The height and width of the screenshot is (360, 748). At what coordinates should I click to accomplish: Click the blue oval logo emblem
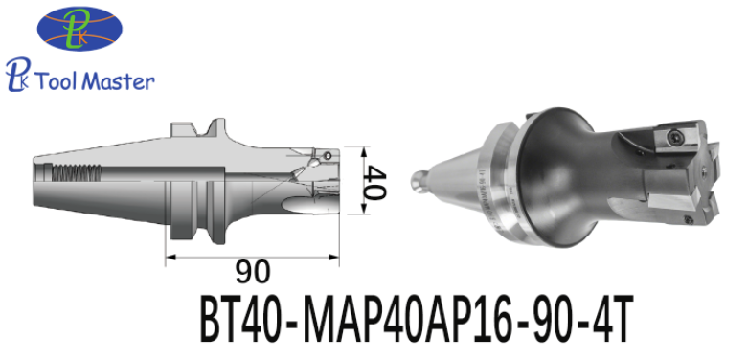click(79, 28)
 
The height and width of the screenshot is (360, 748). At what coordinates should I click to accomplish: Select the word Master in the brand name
click(120, 80)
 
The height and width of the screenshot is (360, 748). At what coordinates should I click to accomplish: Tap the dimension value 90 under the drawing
click(252, 272)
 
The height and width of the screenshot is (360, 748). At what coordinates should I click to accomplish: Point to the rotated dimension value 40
click(374, 182)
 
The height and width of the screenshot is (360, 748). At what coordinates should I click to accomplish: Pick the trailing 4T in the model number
click(609, 319)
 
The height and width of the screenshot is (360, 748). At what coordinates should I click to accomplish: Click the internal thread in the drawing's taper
click(77, 171)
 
